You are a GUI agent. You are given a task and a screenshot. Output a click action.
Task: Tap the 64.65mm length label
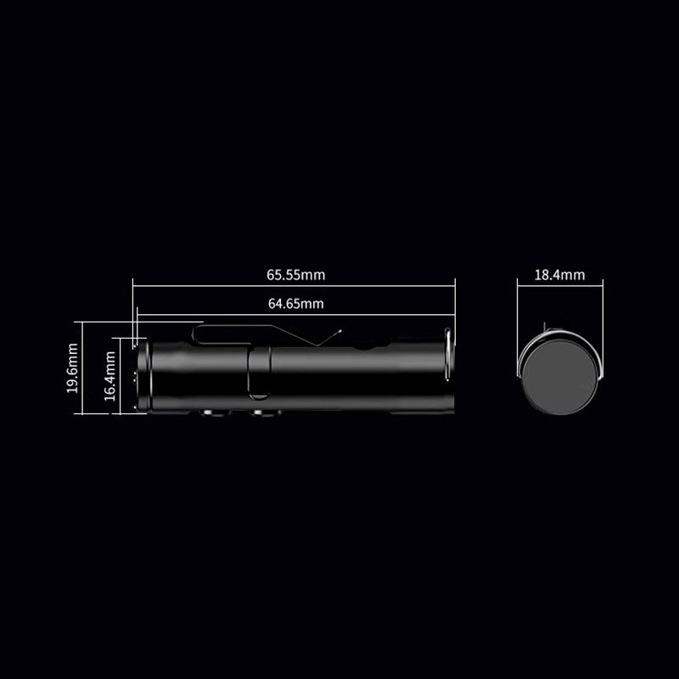295,303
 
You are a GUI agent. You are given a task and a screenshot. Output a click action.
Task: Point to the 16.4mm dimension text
109,376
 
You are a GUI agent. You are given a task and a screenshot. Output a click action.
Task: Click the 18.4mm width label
559,275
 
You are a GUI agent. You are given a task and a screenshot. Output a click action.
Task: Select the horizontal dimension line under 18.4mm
559,286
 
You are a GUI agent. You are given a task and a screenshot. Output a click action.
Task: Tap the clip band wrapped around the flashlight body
261,372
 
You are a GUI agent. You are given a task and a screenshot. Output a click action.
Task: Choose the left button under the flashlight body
210,413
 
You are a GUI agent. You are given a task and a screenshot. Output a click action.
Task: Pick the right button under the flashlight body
265,413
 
